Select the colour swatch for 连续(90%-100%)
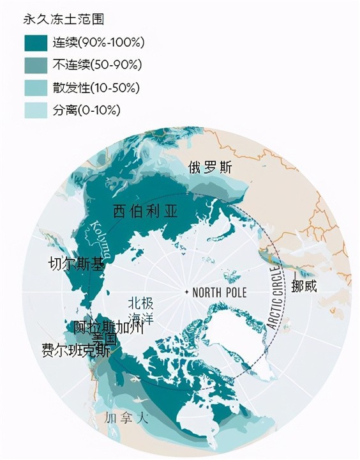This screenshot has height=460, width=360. [37, 43]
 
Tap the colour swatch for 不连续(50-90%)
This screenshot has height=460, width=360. [37, 65]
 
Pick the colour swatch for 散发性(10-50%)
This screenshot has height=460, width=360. [37, 88]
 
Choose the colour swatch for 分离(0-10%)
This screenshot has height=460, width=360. [37, 110]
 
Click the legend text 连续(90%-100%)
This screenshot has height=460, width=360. [99, 43]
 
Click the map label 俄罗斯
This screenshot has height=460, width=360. [210, 167]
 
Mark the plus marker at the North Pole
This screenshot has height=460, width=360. [186, 292]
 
